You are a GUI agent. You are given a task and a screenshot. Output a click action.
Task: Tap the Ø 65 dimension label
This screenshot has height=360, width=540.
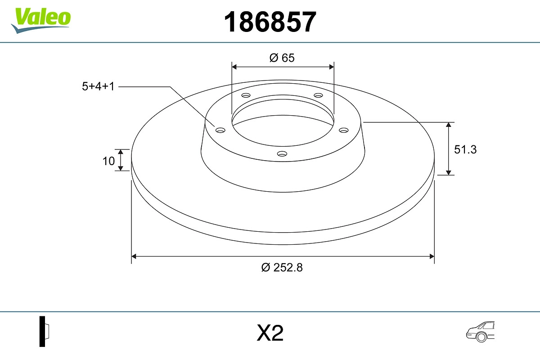pyautogui.click(x=282, y=58)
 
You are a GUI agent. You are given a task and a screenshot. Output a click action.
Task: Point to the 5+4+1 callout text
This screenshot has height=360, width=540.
pyautogui.click(x=98, y=86)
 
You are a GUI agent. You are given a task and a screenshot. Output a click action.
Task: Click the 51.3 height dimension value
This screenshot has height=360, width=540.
pyautogui.click(x=465, y=150)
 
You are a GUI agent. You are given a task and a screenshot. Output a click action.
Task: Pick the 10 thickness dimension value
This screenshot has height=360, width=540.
pyautogui.click(x=108, y=161)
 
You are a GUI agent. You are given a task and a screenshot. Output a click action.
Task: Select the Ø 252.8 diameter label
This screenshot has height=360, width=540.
pyautogui.click(x=282, y=267)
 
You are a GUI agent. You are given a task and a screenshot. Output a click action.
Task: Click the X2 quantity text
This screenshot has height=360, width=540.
pyautogui.click(x=270, y=333)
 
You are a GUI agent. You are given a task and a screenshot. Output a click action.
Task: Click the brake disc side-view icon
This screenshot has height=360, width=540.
pyautogui.click(x=45, y=332)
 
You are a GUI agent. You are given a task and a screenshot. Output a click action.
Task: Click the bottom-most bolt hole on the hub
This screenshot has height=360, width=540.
pyautogui.click(x=282, y=154)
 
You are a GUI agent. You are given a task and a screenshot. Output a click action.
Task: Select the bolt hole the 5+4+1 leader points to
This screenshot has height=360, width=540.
pyautogui.click(x=220, y=130)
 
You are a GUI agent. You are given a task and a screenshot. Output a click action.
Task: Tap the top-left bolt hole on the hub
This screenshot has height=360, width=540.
pyautogui.click(x=245, y=95)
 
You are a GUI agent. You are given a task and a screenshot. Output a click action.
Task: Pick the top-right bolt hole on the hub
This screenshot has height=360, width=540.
pyautogui.click(x=319, y=95)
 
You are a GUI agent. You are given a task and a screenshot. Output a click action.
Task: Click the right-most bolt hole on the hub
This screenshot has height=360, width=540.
pyautogui.click(x=344, y=130)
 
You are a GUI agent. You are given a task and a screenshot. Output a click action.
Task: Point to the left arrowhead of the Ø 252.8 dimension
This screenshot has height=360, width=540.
pyautogui.click(x=134, y=256)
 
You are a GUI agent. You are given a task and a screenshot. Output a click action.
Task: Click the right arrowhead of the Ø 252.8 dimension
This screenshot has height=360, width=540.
pyautogui.click(x=432, y=256)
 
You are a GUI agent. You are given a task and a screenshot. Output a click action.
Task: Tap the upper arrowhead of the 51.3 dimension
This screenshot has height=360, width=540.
pyautogui.click(x=449, y=125)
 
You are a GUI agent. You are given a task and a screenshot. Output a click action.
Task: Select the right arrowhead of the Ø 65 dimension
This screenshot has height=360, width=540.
pyautogui.click(x=332, y=67)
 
